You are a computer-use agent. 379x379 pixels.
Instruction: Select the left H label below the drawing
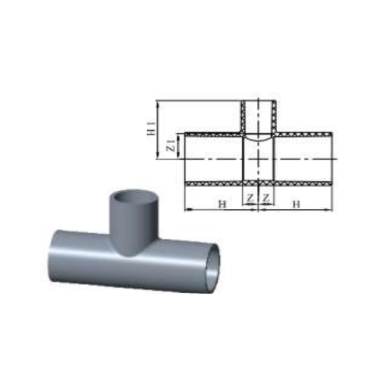coord(222,204)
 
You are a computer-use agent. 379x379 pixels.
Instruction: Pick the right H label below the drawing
coord(296,204)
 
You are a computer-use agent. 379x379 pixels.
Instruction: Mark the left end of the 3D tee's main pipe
coord(52,255)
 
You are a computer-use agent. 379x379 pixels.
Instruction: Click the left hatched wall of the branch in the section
coord(243,117)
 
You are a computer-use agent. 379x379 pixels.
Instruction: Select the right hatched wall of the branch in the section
coord(275,117)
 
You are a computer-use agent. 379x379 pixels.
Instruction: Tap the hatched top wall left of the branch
coord(213,134)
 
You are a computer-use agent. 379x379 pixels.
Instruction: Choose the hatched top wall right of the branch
coord(303,134)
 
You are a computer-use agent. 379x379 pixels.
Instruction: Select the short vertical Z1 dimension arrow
coord(179,147)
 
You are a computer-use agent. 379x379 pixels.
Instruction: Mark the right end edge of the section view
coord(332,159)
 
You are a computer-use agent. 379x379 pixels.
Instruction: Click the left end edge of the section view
coord(185,159)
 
